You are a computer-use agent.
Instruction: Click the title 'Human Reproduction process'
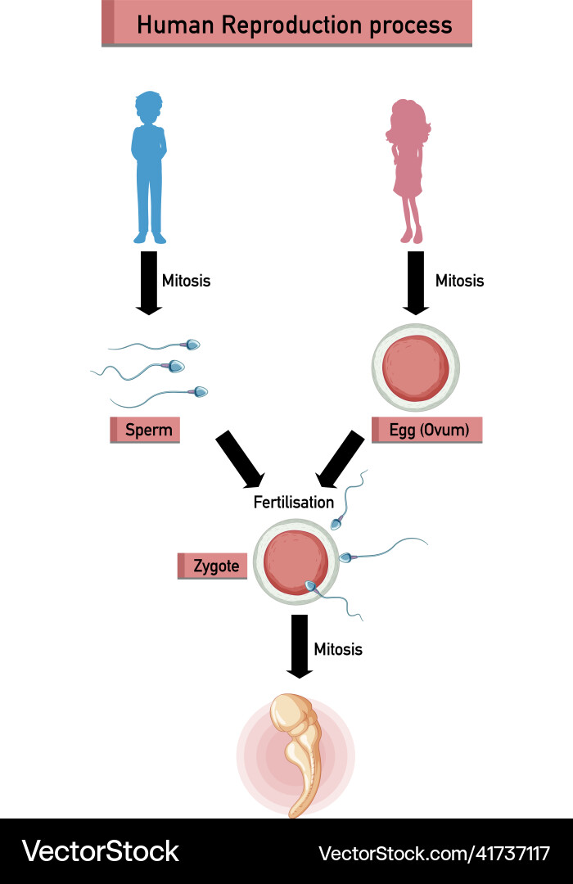[x=294, y=25]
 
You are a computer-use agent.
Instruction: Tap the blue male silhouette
[x=149, y=167]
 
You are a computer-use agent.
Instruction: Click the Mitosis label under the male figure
[x=186, y=281]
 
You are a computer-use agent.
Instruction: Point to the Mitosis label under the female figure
[x=459, y=281]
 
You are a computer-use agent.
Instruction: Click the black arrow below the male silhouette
[x=149, y=283]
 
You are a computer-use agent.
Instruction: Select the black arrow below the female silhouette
[x=416, y=283]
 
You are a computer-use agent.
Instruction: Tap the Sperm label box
[x=146, y=430]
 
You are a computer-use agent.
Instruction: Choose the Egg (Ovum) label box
[x=427, y=430]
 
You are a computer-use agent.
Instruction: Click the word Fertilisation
[x=293, y=502]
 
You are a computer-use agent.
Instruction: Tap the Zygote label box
[x=213, y=566]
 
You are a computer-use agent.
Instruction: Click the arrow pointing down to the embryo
[x=300, y=647]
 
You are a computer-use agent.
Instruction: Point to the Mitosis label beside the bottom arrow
[x=338, y=649]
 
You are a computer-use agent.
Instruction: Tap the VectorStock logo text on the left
[x=101, y=851]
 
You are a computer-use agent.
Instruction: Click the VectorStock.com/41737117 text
[x=434, y=853]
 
